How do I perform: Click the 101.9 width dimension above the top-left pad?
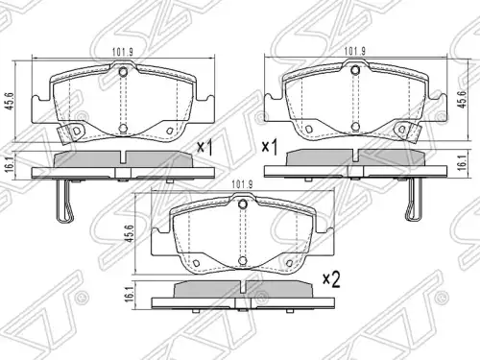tap(122, 52)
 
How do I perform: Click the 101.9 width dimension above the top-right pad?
tap(355, 51)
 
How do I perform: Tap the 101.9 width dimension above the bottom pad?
tap(242, 184)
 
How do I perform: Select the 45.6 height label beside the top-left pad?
tap(11, 101)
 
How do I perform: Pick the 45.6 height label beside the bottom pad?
tap(131, 233)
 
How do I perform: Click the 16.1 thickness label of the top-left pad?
tap(11, 165)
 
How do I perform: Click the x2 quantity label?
tap(331, 279)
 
